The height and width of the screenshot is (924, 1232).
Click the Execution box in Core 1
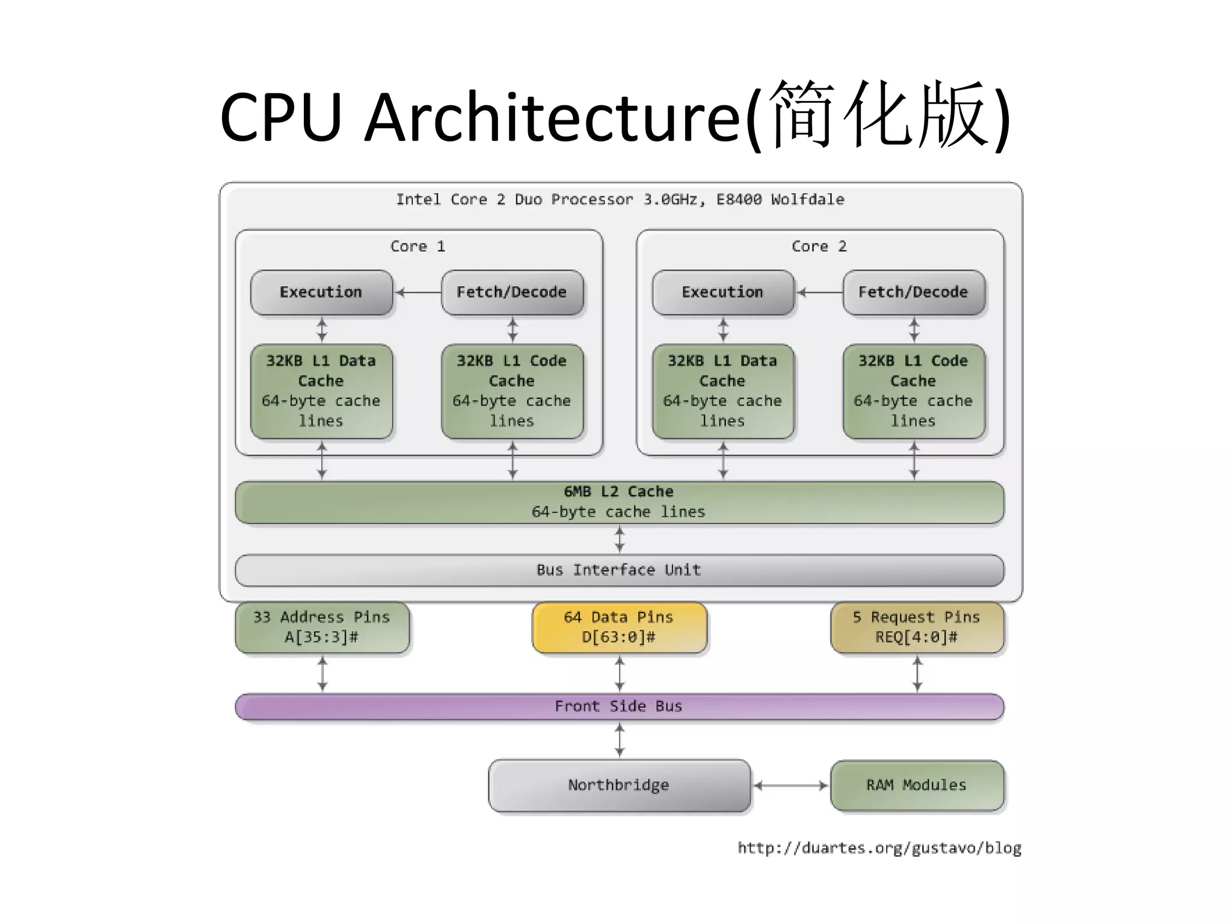(321, 292)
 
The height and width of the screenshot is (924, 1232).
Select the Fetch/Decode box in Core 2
(913, 292)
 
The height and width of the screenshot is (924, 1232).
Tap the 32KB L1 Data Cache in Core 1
(321, 391)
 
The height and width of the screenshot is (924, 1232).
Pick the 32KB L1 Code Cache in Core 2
(913, 391)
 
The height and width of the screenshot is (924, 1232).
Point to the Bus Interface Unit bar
(618, 570)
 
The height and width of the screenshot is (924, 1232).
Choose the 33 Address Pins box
(322, 627)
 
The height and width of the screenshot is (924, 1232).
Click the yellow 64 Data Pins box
(619, 627)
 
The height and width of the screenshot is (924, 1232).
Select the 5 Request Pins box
(916, 627)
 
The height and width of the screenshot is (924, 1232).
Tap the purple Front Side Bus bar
(618, 706)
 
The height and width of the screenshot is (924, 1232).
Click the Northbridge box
(618, 785)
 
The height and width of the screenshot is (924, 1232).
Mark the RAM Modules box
(916, 785)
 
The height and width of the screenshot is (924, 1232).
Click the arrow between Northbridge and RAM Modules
(790, 785)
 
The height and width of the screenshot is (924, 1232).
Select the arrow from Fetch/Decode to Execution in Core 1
(418, 292)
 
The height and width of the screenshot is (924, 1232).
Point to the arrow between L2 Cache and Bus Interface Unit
(620, 539)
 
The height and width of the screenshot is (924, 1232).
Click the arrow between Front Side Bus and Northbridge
(620, 739)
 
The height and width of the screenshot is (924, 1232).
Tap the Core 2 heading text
(819, 247)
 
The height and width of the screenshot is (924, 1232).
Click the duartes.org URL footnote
(879, 848)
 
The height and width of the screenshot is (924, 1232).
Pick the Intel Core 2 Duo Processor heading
(620, 200)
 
